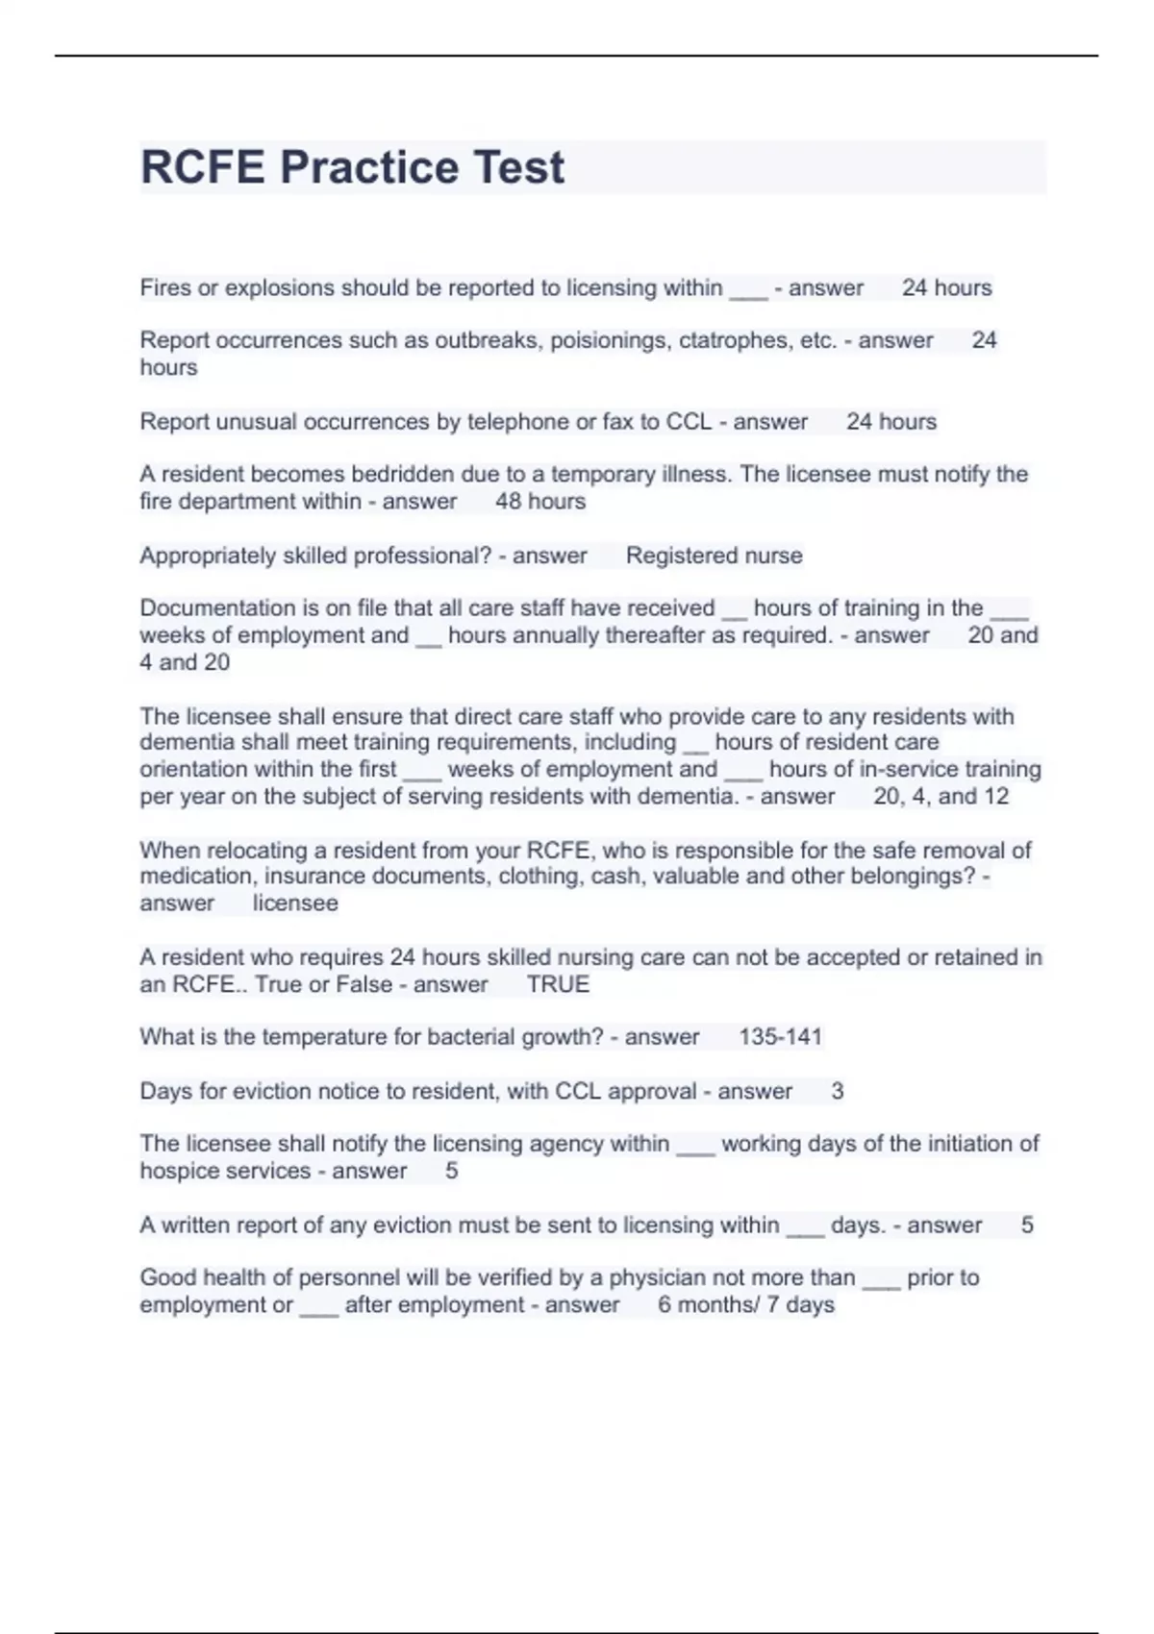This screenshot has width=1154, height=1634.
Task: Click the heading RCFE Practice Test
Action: point(352,167)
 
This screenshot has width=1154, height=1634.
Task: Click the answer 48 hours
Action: point(540,502)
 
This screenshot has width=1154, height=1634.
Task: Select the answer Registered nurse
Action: point(714,556)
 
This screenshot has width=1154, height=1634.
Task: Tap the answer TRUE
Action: point(558,984)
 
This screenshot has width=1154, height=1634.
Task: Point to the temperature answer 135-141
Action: point(780,1037)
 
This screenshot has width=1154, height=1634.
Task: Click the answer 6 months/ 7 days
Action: point(746,1305)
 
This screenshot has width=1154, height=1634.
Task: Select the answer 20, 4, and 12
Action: point(941,797)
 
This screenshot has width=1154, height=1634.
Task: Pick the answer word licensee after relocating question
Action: point(295,904)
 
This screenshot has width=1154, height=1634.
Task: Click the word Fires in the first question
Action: point(165,287)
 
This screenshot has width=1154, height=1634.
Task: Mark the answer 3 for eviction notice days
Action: point(837,1091)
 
